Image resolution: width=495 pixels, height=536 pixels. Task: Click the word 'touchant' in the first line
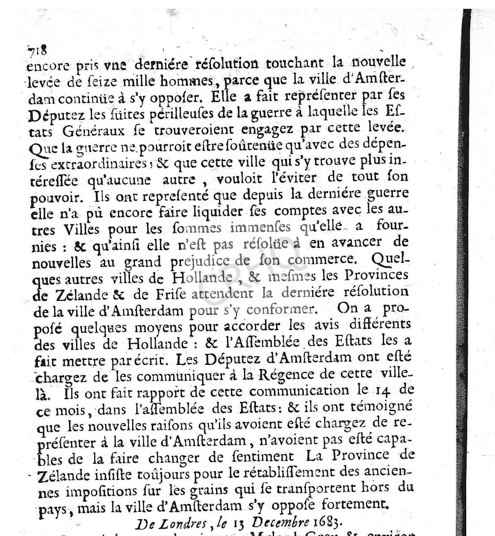pyautogui.click(x=294, y=63)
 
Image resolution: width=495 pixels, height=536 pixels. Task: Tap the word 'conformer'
pyautogui.click(x=280, y=310)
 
